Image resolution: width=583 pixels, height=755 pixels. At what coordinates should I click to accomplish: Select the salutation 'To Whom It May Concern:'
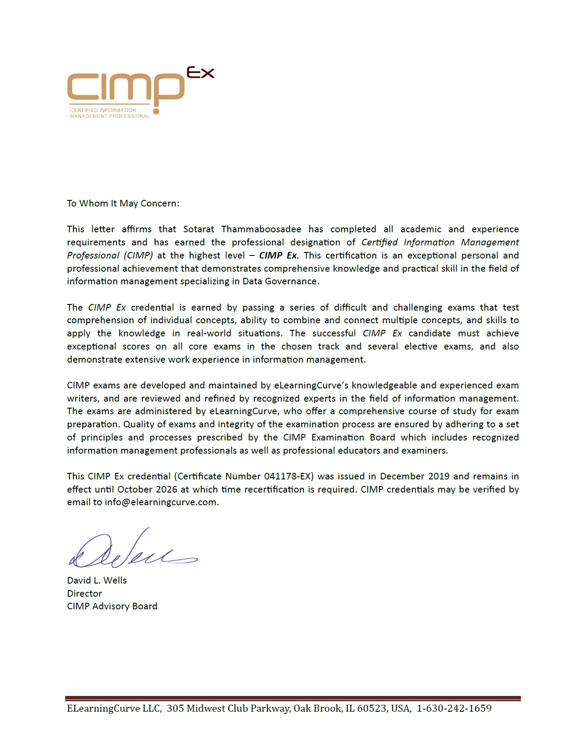tap(123, 203)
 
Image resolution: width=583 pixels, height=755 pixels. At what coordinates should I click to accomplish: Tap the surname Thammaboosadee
tap(261, 229)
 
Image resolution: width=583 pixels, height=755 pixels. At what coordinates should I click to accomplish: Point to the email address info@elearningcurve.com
tap(161, 502)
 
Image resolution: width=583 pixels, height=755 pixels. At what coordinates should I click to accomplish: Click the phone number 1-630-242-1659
tap(454, 709)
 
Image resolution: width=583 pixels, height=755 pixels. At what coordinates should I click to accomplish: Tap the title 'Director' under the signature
tap(84, 594)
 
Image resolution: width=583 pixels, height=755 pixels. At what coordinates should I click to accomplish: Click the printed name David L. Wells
tap(97, 580)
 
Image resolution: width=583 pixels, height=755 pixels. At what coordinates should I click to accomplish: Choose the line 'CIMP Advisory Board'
tap(112, 606)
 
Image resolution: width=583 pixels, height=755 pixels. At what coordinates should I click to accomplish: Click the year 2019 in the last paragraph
tap(439, 476)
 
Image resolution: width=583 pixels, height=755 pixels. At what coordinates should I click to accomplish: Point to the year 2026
tap(167, 489)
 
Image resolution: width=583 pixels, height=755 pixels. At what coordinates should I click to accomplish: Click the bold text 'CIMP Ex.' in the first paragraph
tap(279, 255)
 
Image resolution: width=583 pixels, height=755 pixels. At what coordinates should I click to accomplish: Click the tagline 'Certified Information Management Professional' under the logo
tap(109, 113)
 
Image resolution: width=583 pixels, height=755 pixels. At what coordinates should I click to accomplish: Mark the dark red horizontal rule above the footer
tap(293, 699)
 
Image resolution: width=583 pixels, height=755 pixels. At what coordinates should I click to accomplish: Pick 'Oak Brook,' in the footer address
tap(318, 709)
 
